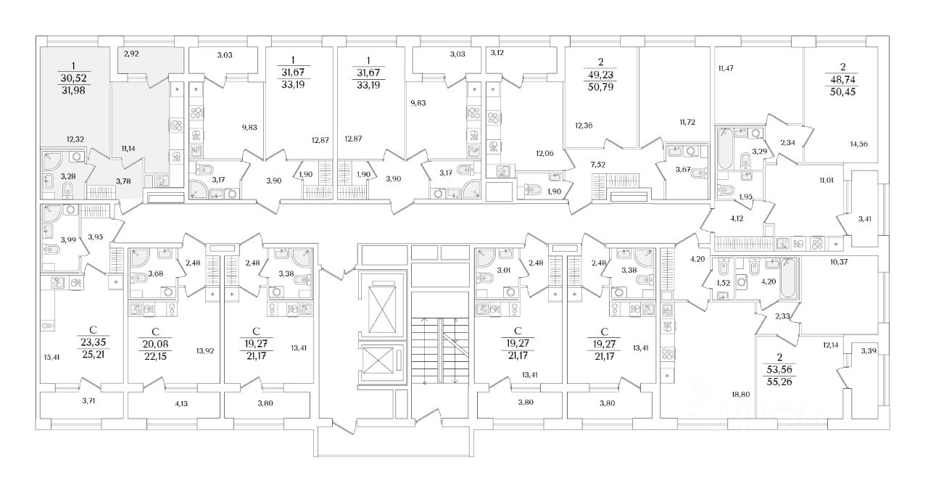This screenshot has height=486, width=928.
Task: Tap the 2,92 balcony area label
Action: pyautogui.click(x=130, y=53)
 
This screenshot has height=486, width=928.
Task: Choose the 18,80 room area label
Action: pyautogui.click(x=742, y=395)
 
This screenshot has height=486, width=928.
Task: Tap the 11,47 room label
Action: pyautogui.click(x=726, y=68)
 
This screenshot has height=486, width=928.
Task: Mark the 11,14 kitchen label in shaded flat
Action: pyautogui.click(x=129, y=148)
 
